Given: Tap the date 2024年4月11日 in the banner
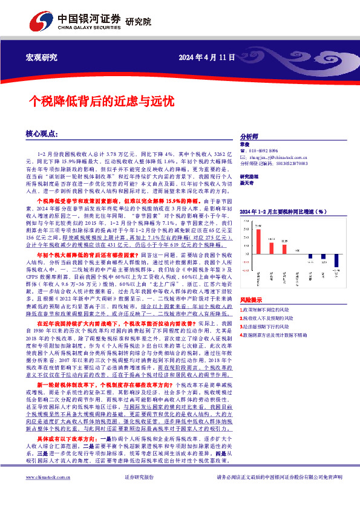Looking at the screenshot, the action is click(x=206, y=57).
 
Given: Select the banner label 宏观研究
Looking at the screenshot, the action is click(x=42, y=57).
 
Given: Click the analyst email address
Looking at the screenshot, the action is click(x=276, y=157).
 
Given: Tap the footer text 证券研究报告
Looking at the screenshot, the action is click(x=139, y=494).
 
